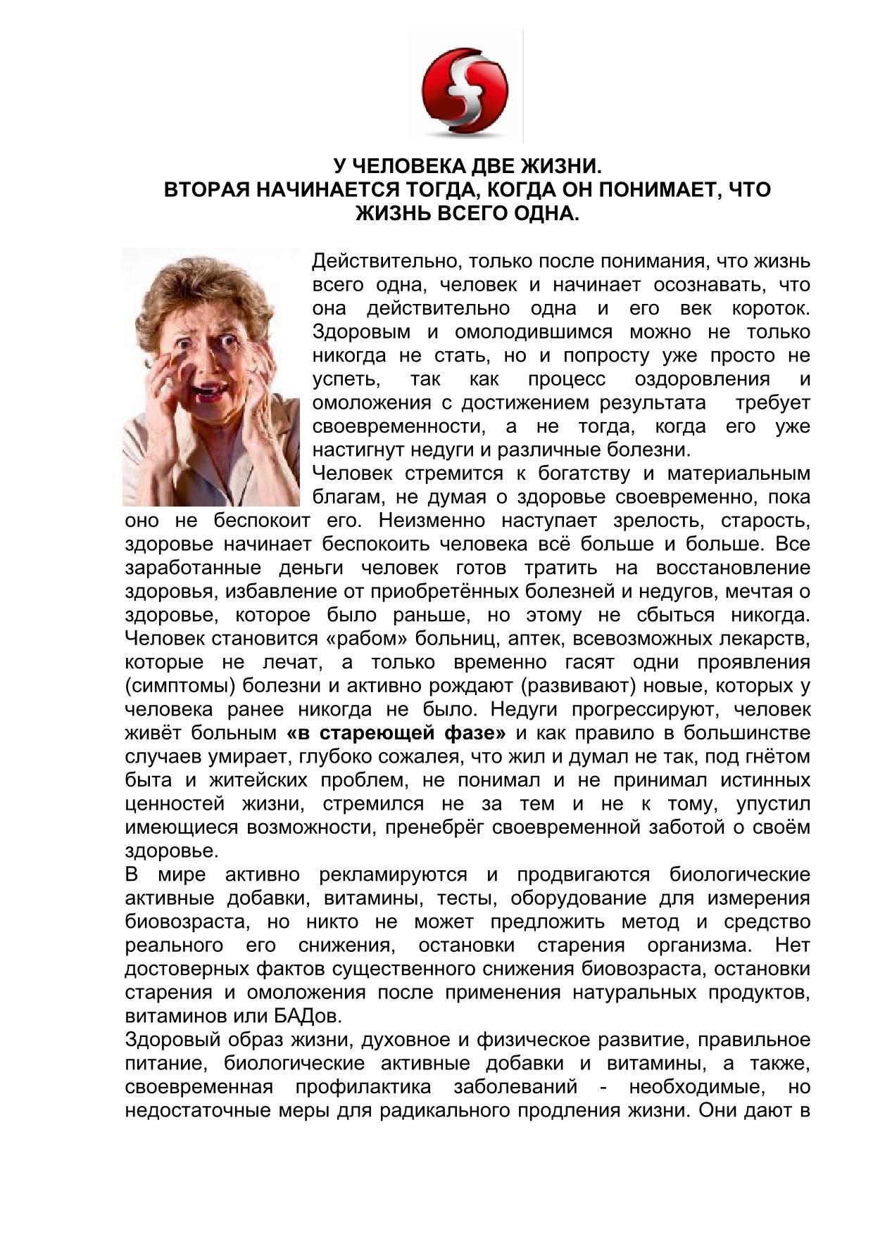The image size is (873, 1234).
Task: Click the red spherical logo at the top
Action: coord(464,91)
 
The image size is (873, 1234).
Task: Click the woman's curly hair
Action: coord(204,288)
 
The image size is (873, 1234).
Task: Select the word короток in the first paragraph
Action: coord(771,309)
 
